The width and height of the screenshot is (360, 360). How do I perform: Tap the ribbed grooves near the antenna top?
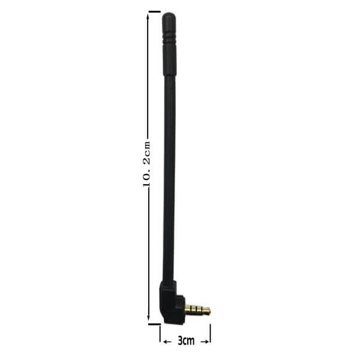(x=169, y=39)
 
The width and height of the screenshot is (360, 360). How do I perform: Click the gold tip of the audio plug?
(x=208, y=311)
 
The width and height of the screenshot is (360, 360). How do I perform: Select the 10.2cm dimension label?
(x=147, y=164)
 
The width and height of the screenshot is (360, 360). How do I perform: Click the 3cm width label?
(x=186, y=341)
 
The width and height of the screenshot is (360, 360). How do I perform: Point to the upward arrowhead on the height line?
(x=148, y=17)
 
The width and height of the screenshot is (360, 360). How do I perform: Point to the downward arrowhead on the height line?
(x=148, y=319)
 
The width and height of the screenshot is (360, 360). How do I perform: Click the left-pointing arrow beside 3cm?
(x=167, y=342)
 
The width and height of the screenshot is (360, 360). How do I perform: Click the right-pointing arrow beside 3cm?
(x=205, y=342)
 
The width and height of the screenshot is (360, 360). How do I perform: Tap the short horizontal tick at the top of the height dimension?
(x=154, y=11)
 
